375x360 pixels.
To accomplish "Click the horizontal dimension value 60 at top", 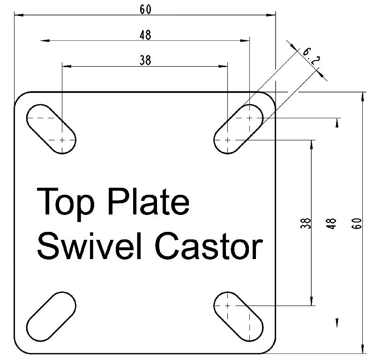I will pos(145,9).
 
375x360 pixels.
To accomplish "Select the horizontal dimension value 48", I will pos(145,34).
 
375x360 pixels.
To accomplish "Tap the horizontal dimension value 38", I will pos(145,60).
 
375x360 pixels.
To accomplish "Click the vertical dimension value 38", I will pos(307,223).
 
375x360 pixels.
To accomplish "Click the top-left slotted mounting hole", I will pos(51,129).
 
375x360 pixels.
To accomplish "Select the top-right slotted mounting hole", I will pos(239,129).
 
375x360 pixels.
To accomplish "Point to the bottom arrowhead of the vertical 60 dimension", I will pos(362,349).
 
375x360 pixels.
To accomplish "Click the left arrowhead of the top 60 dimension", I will pos(18,15).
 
